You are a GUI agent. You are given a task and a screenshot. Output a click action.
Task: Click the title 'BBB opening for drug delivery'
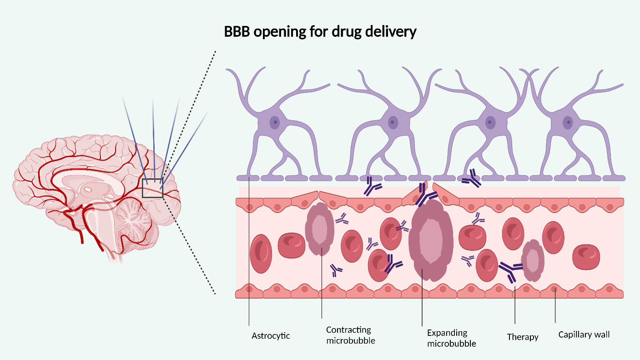point(320,32)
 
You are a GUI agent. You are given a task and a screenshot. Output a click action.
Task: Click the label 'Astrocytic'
point(271,336)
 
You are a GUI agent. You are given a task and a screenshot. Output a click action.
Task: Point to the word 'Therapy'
point(523,337)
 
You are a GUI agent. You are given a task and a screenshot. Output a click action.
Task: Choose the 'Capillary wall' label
point(584,335)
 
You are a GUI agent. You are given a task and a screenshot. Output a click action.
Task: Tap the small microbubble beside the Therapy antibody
point(533,261)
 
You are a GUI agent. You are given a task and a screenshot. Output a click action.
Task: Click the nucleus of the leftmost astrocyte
point(274,122)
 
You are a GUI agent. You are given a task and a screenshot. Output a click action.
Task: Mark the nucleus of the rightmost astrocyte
point(568,122)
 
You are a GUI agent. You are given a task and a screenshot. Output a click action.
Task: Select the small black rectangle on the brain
point(152,188)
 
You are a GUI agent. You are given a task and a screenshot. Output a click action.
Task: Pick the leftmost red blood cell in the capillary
point(261,254)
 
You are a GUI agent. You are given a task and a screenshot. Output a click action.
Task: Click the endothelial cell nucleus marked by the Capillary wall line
point(554,289)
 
